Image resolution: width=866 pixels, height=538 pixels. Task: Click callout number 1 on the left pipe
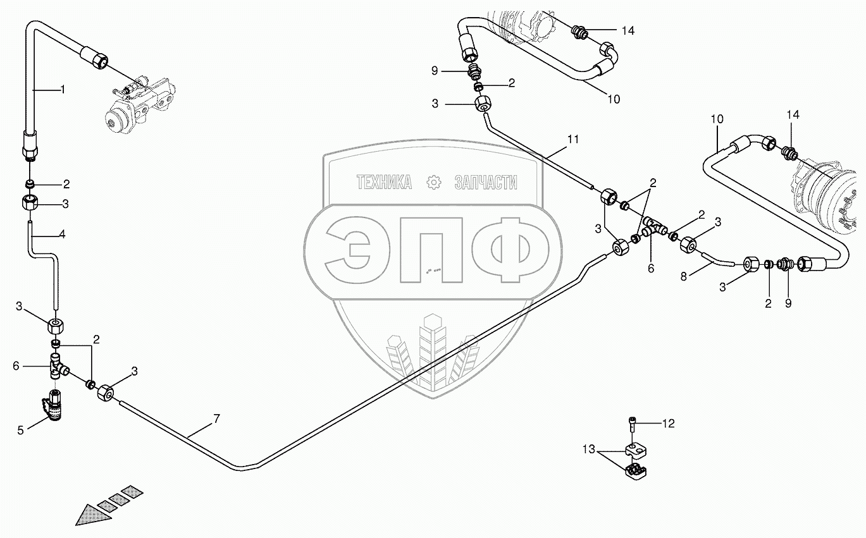click(x=62, y=90)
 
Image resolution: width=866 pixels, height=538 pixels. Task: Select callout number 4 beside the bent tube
click(x=62, y=234)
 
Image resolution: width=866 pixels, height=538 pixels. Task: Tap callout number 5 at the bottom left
click(x=20, y=430)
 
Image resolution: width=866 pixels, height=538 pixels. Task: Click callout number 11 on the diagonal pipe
click(x=572, y=138)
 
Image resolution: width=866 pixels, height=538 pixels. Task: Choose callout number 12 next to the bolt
click(x=669, y=424)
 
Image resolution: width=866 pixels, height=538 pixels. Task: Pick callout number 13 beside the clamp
click(x=590, y=449)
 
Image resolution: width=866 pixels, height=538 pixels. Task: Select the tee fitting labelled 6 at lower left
click(x=58, y=367)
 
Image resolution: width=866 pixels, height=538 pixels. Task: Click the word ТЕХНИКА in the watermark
click(x=384, y=183)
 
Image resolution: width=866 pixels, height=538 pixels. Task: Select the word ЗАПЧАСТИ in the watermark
click(x=486, y=183)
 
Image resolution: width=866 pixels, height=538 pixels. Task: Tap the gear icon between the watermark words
click(x=434, y=182)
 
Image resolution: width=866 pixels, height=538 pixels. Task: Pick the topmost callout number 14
click(x=628, y=30)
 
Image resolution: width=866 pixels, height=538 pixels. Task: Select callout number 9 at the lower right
click(x=788, y=303)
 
